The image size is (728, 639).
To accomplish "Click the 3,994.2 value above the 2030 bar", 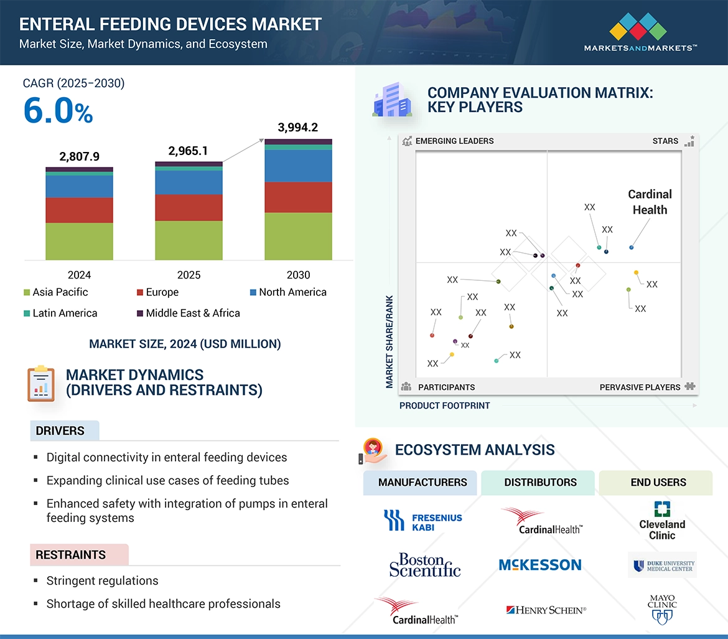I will pyautogui.click(x=297, y=128).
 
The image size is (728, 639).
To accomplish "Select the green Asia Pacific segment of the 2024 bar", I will pyautogui.click(x=79, y=241).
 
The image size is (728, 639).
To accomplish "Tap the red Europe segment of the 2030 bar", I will pyautogui.click(x=298, y=197).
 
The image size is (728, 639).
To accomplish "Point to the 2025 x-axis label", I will pyautogui.click(x=189, y=275).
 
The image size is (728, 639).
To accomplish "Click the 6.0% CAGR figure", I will pyautogui.click(x=58, y=111).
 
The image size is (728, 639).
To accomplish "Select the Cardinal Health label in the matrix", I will pyautogui.click(x=650, y=202).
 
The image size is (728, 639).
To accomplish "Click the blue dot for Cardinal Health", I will pyautogui.click(x=632, y=247).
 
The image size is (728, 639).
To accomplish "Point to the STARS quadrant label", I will pyautogui.click(x=665, y=141).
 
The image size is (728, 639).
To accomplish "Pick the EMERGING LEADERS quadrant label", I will pyautogui.click(x=454, y=141).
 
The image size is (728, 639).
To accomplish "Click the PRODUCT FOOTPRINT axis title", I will pyautogui.click(x=444, y=405).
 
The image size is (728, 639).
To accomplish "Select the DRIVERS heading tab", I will pyautogui.click(x=60, y=430).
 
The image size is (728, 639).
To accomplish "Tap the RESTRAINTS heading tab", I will pyautogui.click(x=70, y=554).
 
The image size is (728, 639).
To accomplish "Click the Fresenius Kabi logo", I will pyautogui.click(x=422, y=521).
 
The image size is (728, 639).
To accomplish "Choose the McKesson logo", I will pyautogui.click(x=539, y=565).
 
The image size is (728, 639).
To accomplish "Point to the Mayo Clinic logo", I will pyautogui.click(x=661, y=608).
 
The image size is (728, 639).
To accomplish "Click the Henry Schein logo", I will pyautogui.click(x=546, y=610).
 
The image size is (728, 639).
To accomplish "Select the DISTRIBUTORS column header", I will pyautogui.click(x=540, y=482).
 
